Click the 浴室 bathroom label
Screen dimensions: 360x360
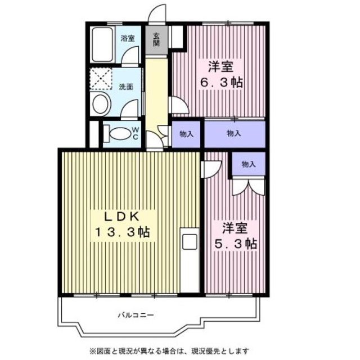[x=128, y=38]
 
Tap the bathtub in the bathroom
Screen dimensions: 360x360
[x=102, y=44]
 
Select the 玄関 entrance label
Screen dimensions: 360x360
[x=156, y=39]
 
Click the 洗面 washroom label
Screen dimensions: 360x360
[x=126, y=87]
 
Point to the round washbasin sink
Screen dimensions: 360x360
[x=100, y=105]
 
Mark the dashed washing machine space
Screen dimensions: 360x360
[x=101, y=79]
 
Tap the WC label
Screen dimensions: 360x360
[x=136, y=134]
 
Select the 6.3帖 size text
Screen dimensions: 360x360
[x=221, y=83]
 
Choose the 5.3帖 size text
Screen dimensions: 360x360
[x=236, y=244]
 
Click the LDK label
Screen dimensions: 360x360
[x=122, y=217]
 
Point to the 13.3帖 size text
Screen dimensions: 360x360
[x=123, y=232]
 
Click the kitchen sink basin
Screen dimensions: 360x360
[x=190, y=242]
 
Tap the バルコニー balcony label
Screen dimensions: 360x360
[x=136, y=315]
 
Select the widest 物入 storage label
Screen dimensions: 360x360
[x=234, y=133]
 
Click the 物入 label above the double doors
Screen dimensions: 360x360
[x=249, y=164]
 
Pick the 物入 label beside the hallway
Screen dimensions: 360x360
[x=186, y=134]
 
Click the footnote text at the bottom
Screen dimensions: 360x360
[x=169, y=351]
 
